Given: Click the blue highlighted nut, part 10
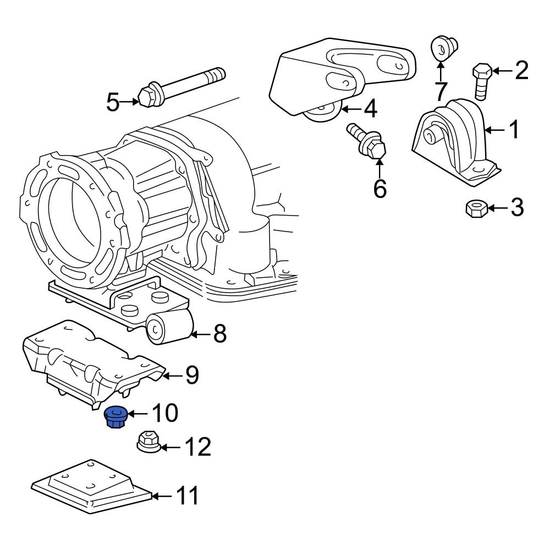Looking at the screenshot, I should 115,417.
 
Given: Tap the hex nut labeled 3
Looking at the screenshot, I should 475,209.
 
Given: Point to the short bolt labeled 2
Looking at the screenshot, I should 482,81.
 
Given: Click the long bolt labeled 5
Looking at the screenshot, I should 182,85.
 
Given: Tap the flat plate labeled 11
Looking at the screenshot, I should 91,484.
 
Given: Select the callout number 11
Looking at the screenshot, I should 186,496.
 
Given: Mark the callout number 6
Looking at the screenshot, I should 380,189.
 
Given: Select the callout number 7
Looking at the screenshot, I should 441,91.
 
